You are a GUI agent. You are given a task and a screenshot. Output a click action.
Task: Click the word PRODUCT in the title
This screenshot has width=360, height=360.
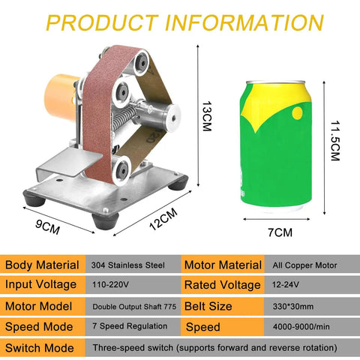(x=102, y=22)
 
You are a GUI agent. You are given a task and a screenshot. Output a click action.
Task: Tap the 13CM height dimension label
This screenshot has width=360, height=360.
(x=207, y=116)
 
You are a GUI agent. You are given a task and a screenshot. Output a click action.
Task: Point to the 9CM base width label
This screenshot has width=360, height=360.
(x=47, y=226)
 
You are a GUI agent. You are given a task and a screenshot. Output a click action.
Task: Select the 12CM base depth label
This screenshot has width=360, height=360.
(x=163, y=219)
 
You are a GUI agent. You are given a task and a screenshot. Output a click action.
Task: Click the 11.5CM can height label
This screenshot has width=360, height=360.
(x=335, y=141)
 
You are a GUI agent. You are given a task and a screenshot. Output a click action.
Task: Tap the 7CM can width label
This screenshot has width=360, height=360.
(x=280, y=232)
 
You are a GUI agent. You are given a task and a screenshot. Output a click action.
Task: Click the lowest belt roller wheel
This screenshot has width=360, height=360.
(x=121, y=170)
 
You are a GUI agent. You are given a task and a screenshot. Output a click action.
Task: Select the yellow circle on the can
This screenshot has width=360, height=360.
(x=297, y=113)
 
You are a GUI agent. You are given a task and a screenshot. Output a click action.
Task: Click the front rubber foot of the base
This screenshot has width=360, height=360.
(x=105, y=220)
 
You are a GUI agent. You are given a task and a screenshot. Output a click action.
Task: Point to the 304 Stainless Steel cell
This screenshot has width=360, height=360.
(x=127, y=265)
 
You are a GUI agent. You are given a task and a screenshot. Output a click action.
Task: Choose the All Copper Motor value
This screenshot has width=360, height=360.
(x=304, y=265)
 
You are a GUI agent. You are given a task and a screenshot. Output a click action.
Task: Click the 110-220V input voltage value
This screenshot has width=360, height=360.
(x=110, y=284)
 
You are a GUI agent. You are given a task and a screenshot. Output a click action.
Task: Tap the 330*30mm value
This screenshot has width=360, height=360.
(x=293, y=307)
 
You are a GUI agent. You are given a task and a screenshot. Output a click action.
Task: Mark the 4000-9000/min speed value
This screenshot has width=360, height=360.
(x=301, y=326)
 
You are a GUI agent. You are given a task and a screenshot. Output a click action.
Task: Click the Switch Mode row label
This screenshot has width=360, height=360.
(x=40, y=348)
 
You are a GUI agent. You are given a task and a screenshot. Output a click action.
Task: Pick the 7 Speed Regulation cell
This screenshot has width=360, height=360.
(x=130, y=326)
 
